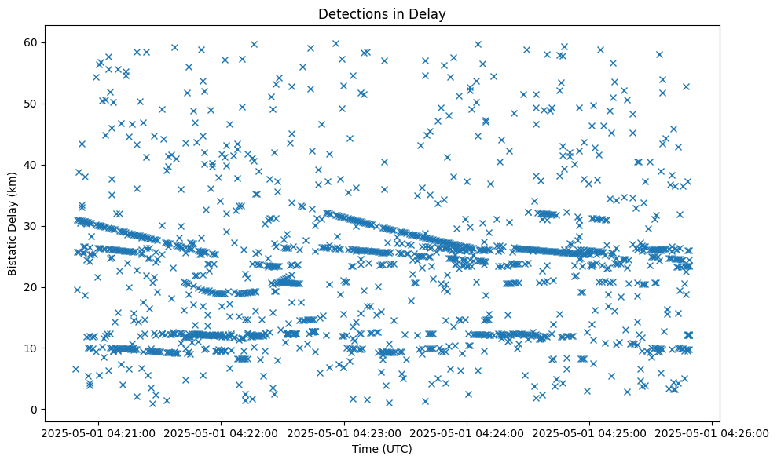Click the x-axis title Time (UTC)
(382, 449)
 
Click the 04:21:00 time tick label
(98, 432)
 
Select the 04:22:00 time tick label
(221, 432)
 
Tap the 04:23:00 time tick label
(344, 432)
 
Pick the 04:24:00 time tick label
(467, 432)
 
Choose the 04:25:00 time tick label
(590, 432)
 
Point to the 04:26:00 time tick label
(713, 432)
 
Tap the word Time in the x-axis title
(365, 449)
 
